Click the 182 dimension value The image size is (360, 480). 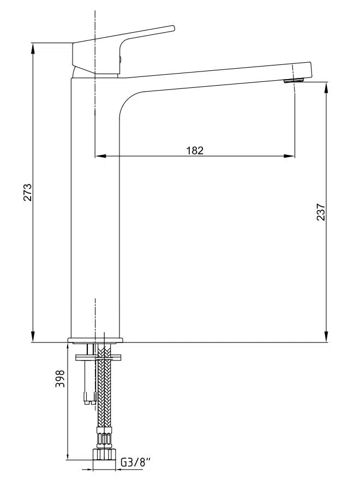pos(195,151)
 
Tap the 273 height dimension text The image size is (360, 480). pos(28,192)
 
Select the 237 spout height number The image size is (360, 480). pos(321,212)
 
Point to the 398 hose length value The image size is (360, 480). pos(60,379)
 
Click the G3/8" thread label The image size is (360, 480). pos(136,462)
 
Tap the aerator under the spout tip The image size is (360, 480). pos(293,81)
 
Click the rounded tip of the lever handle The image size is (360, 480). pos(173,28)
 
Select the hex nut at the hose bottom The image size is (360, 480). pos(104,454)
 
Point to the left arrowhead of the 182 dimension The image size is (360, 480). pos(100,156)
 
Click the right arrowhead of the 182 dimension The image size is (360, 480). pos(289,156)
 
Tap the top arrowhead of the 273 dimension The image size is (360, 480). pos(33,49)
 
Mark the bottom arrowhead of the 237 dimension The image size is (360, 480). pos(327,337)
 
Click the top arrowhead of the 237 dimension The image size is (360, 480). pos(327,88)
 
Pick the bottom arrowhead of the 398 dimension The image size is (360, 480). pos(67,454)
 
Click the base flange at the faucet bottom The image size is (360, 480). pos(95,340)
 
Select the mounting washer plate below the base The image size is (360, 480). pos(98,357)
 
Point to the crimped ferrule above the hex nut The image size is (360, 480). pos(104,438)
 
